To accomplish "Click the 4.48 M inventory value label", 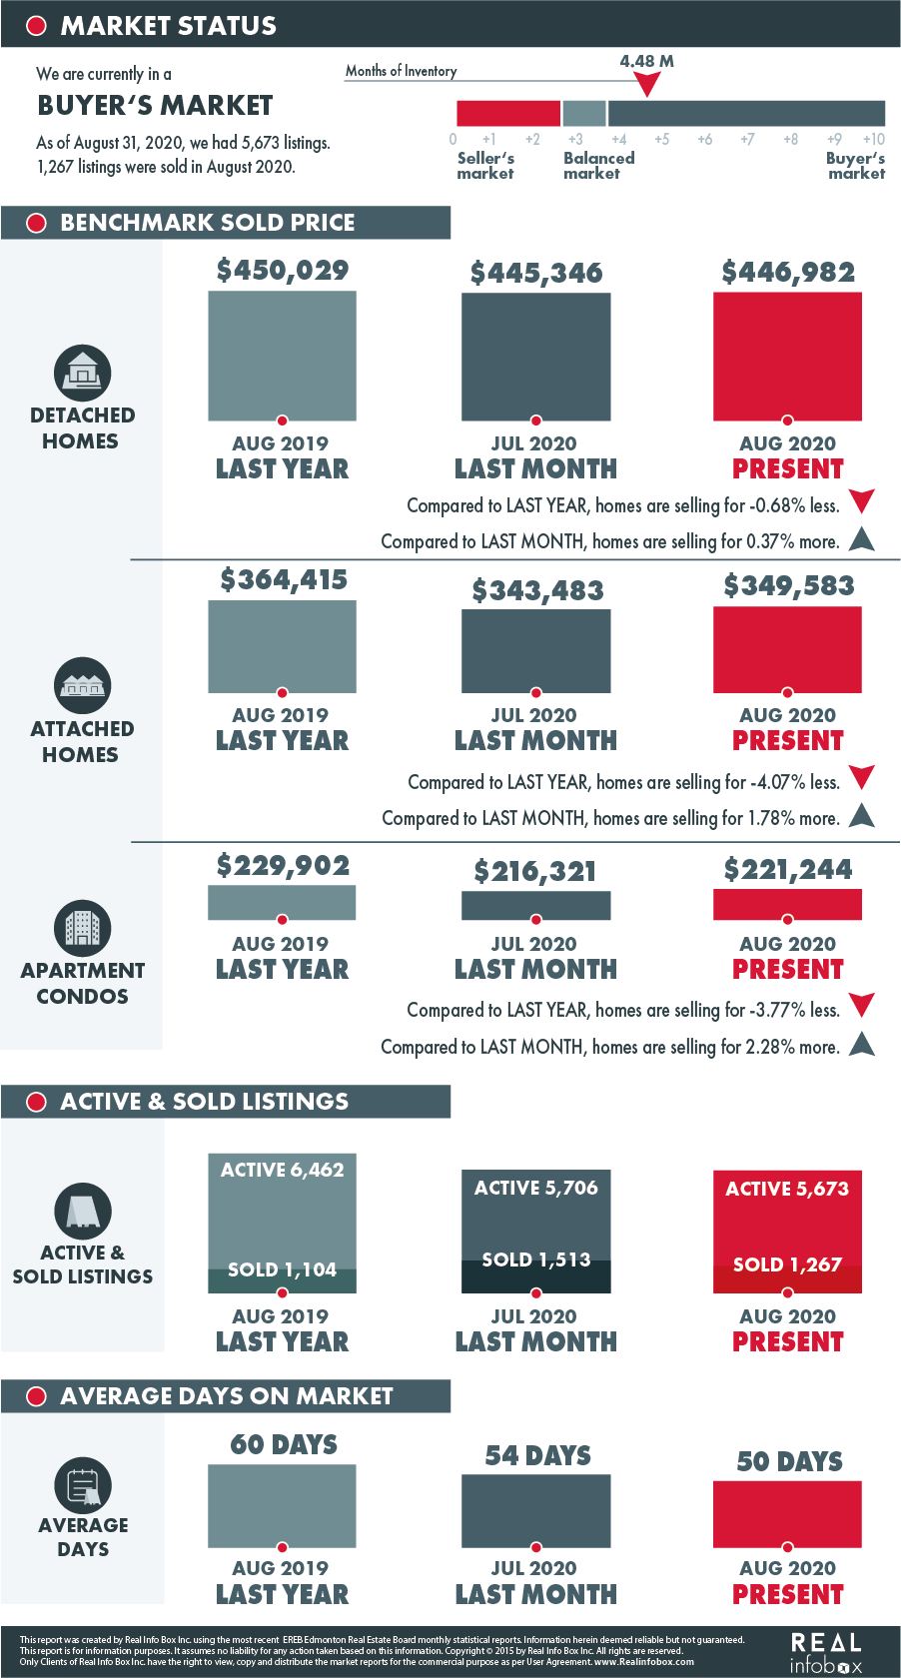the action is click(x=646, y=61).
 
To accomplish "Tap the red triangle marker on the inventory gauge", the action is click(x=647, y=84).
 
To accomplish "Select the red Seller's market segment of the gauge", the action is click(x=508, y=113).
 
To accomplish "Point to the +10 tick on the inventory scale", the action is click(x=873, y=140).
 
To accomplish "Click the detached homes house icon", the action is click(x=82, y=373).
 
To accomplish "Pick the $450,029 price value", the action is click(x=283, y=270).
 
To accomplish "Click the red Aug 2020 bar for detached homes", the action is click(x=787, y=356).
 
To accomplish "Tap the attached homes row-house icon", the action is click(x=82, y=685).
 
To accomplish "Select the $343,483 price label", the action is click(x=537, y=590).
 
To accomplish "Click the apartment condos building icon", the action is click(x=82, y=928).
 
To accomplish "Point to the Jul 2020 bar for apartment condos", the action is click(x=535, y=905).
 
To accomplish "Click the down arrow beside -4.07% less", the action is click(x=862, y=777).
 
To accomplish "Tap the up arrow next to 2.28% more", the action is click(x=862, y=1044).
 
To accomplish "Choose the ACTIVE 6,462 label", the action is click(x=283, y=1170).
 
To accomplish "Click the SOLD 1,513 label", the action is click(x=536, y=1259).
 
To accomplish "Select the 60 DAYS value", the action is click(x=284, y=1444).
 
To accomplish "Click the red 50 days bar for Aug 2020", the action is click(x=787, y=1514).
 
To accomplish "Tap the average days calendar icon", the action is click(x=82, y=1485).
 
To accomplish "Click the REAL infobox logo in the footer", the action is click(x=826, y=1654).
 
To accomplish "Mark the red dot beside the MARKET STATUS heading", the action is click(x=36, y=26).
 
